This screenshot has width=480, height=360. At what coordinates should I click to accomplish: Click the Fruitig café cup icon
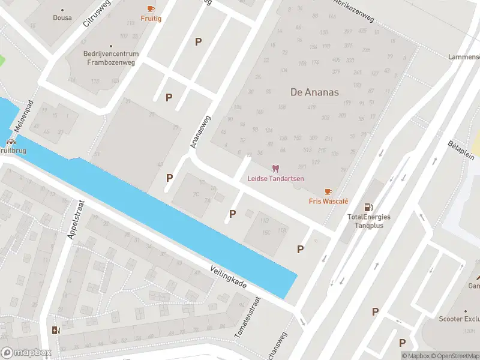click(151, 8)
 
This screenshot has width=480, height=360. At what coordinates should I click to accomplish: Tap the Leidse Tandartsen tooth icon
click(276, 169)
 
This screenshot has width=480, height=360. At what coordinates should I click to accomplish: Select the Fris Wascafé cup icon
click(328, 191)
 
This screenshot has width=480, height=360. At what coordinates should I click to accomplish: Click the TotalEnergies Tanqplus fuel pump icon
click(368, 206)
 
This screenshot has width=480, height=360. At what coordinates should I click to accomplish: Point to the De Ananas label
click(314, 92)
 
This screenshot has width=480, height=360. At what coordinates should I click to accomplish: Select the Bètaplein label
click(460, 152)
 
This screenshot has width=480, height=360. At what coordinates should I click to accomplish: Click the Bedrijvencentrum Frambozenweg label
click(111, 58)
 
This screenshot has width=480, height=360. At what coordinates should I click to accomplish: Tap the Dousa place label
click(62, 18)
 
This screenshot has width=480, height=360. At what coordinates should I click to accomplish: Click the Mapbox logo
click(26, 353)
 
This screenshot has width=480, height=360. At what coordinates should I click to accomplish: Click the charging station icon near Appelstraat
click(56, 329)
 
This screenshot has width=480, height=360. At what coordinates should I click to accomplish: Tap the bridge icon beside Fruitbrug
click(11, 142)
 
